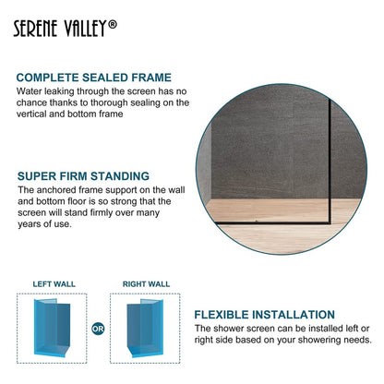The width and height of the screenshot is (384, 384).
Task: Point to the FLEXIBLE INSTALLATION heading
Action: pos(264,315)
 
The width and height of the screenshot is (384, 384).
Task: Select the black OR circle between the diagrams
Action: pos(99,327)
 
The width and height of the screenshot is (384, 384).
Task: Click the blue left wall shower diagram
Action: pos(53,327)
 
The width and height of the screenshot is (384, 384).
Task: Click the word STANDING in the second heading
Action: pos(117,175)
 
